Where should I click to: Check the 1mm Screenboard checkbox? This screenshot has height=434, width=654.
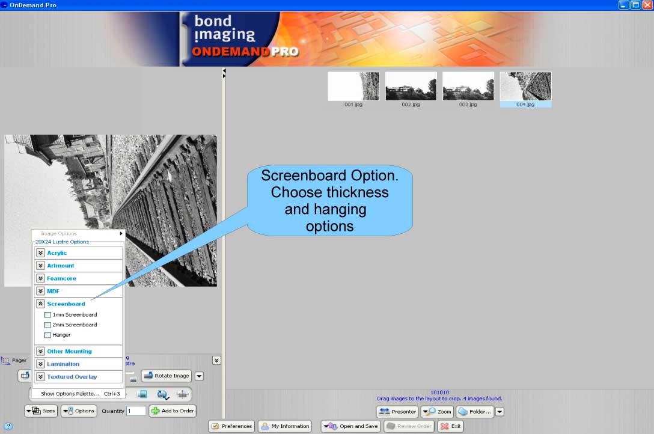click(48, 314)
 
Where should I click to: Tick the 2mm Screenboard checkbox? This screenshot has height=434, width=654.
click(48, 325)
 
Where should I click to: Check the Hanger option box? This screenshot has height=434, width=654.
click(48, 335)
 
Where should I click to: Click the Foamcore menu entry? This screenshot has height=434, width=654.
click(61, 278)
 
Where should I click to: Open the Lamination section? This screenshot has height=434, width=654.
click(63, 364)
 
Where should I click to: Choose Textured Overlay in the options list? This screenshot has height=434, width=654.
click(72, 377)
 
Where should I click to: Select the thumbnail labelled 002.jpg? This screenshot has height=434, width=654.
click(411, 87)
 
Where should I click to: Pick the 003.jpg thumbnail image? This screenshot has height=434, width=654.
click(468, 87)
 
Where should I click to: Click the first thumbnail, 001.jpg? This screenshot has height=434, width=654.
click(353, 87)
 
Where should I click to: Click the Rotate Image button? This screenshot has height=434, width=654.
click(167, 376)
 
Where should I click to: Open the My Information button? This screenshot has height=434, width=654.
click(285, 426)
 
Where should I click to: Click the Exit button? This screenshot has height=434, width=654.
click(451, 426)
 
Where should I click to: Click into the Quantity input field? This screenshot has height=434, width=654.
click(136, 411)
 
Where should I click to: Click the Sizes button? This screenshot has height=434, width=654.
click(41, 411)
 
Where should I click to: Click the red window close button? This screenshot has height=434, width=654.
click(647, 5)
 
